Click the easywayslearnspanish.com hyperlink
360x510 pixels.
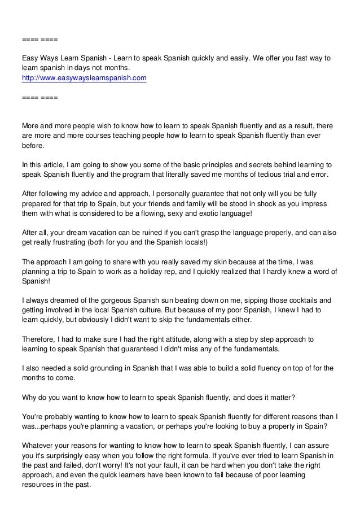tap(84, 78)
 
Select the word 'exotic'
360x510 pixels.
tap(188, 214)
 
